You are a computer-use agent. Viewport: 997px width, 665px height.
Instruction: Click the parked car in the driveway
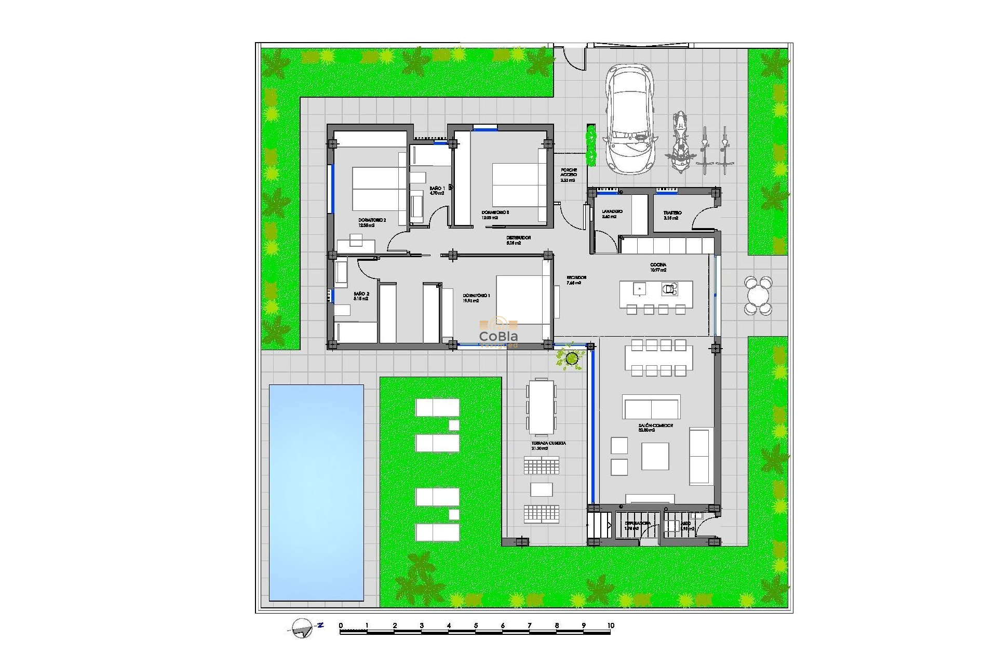click(x=629, y=118)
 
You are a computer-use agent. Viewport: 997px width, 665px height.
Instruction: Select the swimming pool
click(x=316, y=492)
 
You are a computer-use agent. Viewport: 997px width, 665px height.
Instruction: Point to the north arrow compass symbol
click(x=303, y=628)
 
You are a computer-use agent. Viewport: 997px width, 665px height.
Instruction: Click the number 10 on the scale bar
click(x=610, y=626)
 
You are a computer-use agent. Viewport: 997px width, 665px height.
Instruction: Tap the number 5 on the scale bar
click(x=476, y=626)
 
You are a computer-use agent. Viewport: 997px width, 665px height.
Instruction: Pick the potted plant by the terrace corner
click(x=571, y=358)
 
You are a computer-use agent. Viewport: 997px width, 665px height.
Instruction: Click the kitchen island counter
click(x=656, y=295)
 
